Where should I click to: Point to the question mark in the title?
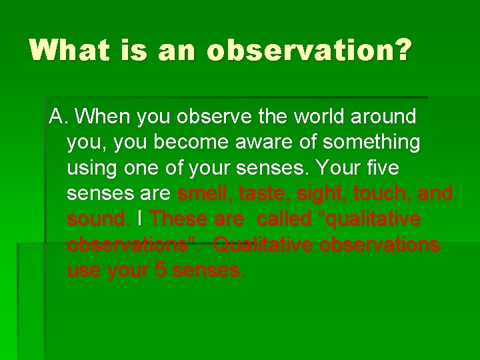coord(402,50)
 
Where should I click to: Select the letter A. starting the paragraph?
coord(59,117)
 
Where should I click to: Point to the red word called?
coord(284,219)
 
